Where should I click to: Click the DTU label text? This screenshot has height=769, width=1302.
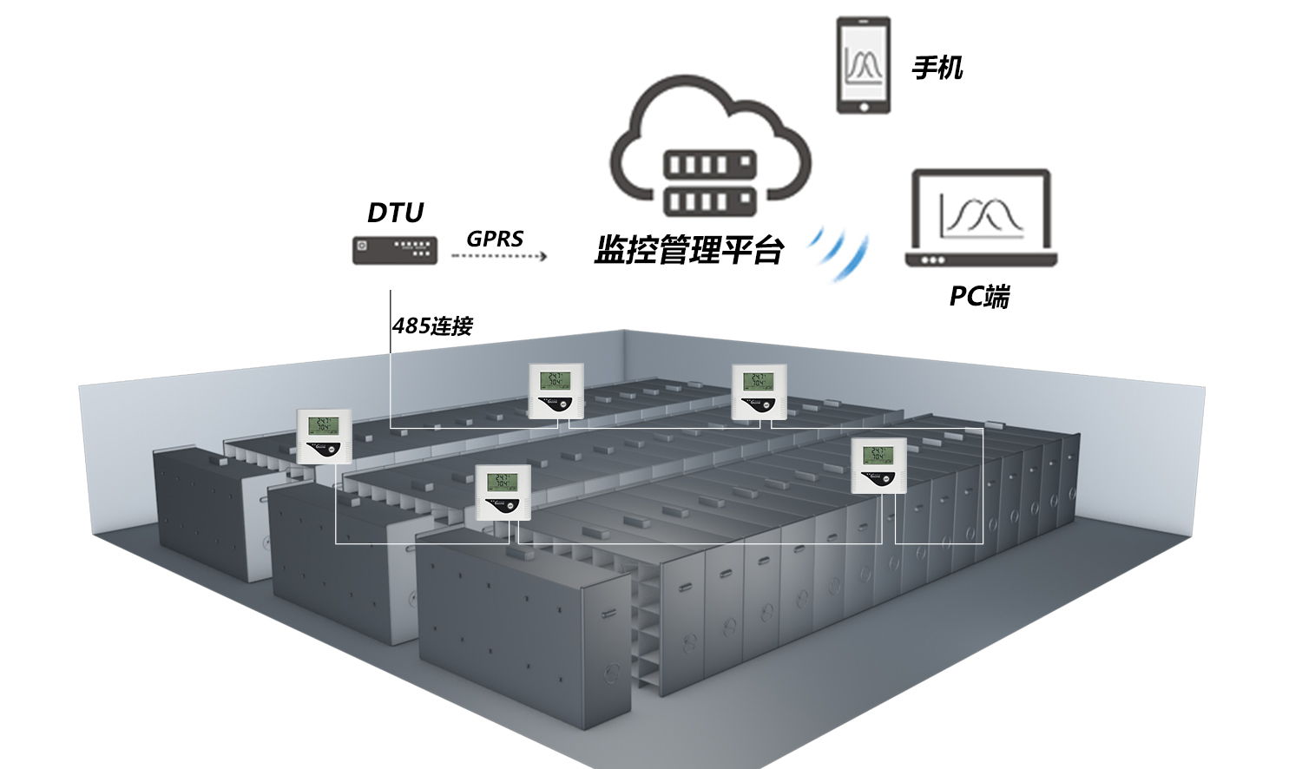click(x=395, y=213)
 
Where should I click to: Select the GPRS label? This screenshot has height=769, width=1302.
click(x=495, y=239)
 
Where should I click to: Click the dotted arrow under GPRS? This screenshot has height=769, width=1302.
click(x=499, y=256)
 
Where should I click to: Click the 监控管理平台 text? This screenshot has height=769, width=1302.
click(x=689, y=250)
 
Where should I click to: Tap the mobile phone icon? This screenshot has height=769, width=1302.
click(x=864, y=65)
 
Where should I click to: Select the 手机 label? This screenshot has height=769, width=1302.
click(x=937, y=68)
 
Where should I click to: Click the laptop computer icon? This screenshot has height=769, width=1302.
click(x=981, y=217)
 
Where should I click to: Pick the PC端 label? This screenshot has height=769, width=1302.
click(x=979, y=296)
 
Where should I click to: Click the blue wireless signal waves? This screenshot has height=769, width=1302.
click(x=839, y=252)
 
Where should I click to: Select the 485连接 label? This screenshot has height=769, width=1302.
click(x=432, y=326)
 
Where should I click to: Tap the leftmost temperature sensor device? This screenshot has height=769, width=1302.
click(x=324, y=436)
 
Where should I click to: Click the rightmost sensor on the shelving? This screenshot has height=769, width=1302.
click(x=878, y=465)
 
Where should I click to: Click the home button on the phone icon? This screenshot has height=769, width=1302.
click(x=864, y=107)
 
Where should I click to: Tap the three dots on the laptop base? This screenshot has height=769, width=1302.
click(x=933, y=260)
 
